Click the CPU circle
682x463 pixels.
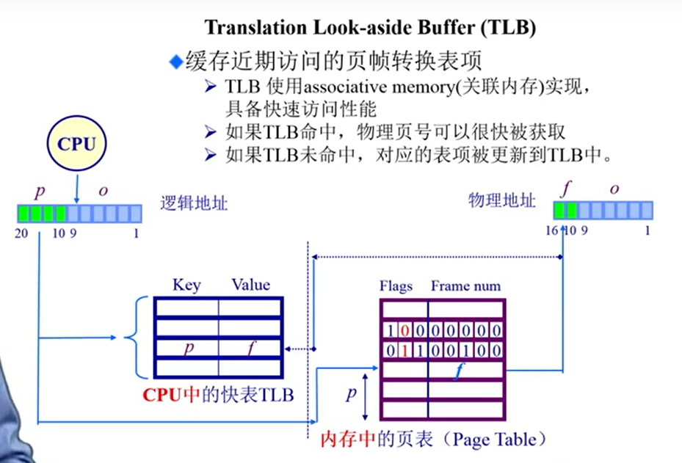point(77,145)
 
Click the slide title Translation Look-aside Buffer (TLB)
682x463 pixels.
point(370,28)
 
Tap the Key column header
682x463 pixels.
point(186,285)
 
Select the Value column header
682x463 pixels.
point(250,285)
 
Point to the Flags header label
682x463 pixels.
point(396,286)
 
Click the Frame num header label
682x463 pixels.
point(465,286)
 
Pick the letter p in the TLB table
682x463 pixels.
point(188,348)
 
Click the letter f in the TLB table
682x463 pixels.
point(251,348)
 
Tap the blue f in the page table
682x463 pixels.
point(457,371)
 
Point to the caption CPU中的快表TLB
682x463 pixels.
point(218,395)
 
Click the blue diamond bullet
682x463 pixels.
point(175,62)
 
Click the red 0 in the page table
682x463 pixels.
point(405,330)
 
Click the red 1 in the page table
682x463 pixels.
point(405,351)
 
